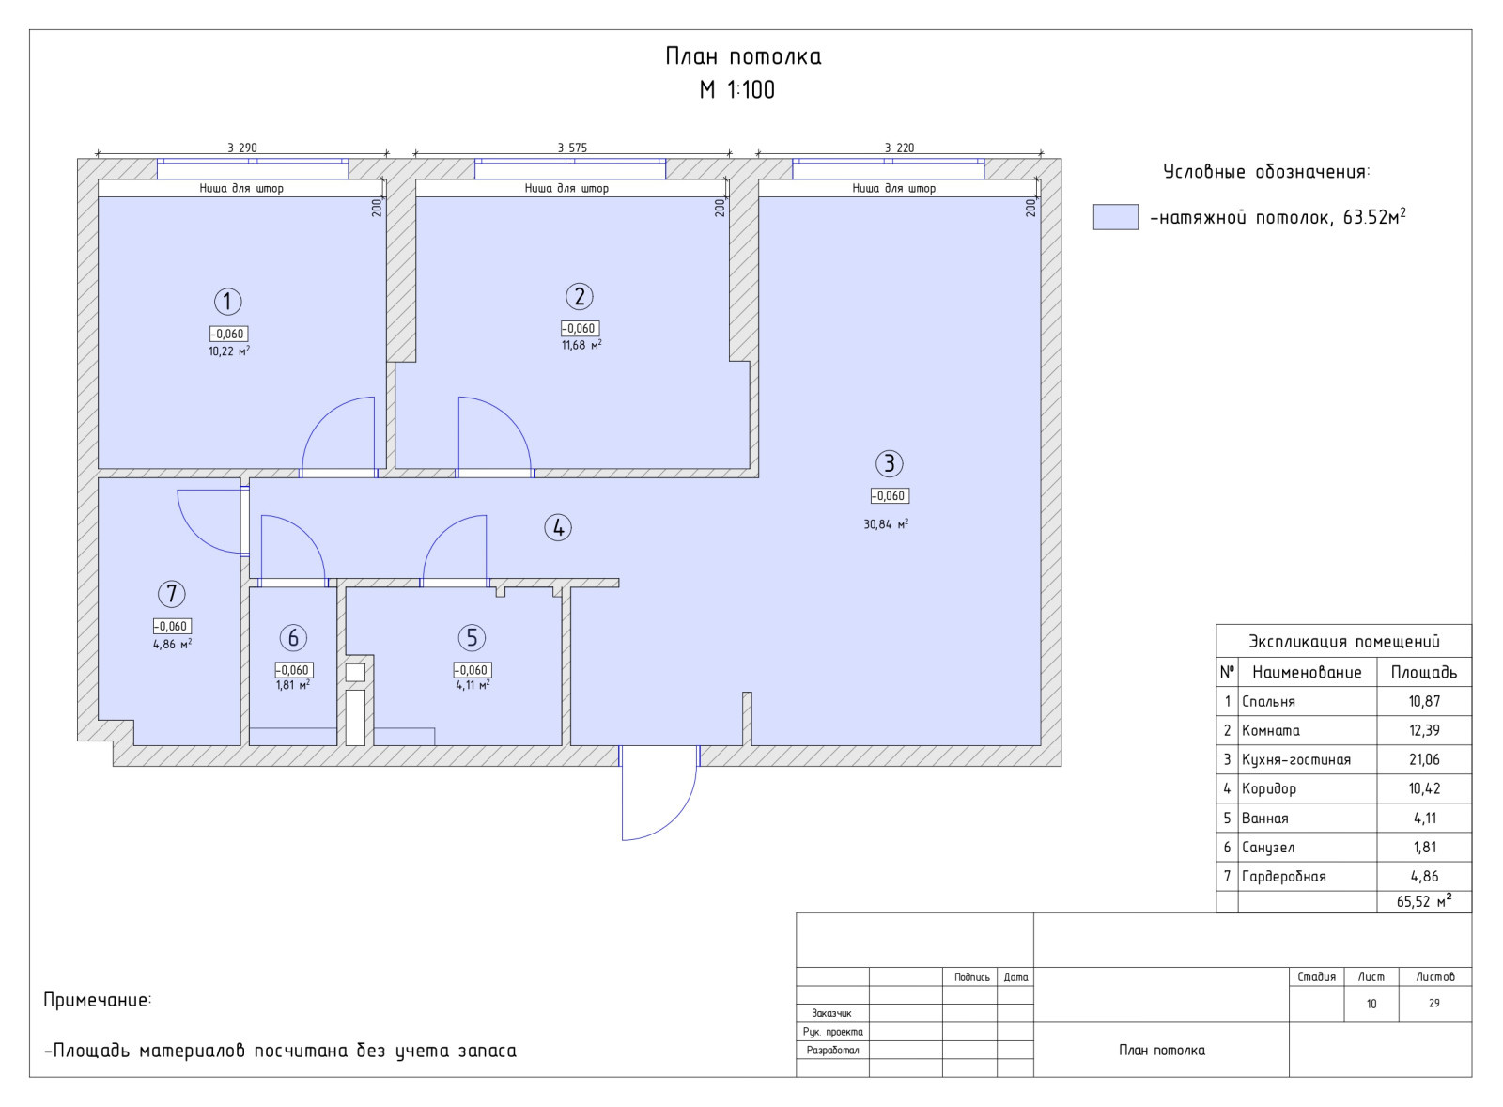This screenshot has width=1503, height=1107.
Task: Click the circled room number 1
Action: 227,302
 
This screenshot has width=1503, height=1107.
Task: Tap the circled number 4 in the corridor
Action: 558,527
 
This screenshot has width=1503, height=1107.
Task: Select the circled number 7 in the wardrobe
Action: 172,594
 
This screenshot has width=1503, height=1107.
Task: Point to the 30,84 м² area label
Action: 886,523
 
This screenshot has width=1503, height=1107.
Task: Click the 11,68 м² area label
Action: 581,345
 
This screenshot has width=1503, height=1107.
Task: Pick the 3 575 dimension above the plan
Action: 572,148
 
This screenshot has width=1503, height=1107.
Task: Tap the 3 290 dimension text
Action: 242,148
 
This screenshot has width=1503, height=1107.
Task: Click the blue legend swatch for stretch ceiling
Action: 1115,217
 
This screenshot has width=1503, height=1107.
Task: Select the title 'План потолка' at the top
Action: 743,56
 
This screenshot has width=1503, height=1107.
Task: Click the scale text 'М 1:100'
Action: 736,89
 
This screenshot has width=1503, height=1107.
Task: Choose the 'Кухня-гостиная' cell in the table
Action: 1295,759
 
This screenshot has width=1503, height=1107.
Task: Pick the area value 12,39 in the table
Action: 1424,730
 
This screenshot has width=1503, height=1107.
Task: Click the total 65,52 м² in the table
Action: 1424,901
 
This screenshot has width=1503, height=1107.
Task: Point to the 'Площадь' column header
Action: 1424,672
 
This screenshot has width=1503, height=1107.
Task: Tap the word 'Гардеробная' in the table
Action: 1283,876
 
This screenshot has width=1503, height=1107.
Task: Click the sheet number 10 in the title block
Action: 1371,1004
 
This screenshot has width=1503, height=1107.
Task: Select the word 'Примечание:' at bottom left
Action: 98,1000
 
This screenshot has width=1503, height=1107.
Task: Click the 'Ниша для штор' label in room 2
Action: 566,189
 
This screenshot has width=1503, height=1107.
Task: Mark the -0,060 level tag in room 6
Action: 293,670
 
